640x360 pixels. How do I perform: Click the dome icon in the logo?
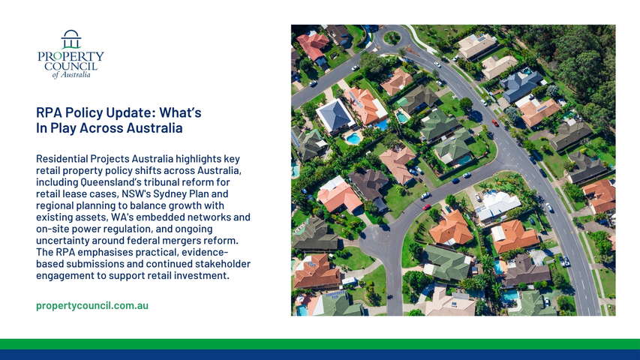tap(71, 39)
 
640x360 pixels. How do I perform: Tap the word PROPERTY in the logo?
tap(71, 56)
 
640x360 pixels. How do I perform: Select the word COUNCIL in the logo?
tap(71, 66)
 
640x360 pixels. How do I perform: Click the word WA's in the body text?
tap(122, 217)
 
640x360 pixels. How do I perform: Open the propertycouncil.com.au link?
tap(92, 306)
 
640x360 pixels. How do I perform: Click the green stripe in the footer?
tap(320, 344)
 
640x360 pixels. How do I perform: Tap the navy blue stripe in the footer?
tap(320, 355)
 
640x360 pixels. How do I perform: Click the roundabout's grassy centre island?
tap(392, 38)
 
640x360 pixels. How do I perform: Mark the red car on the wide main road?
tap(495, 122)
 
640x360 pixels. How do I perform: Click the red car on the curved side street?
tap(426, 207)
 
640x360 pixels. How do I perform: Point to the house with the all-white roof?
tap(497, 205)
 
